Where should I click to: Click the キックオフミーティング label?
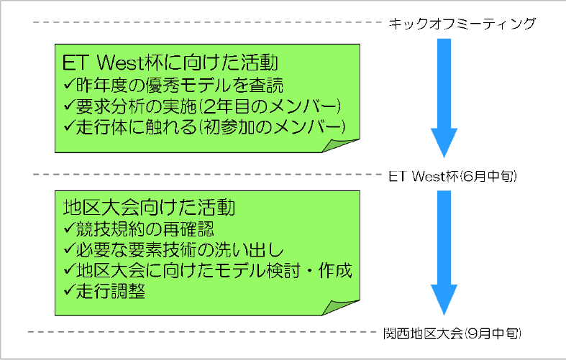462,24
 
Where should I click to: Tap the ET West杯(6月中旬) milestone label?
452,176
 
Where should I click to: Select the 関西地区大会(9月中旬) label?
452,333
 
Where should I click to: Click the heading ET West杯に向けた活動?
170,63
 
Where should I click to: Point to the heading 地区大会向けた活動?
149,208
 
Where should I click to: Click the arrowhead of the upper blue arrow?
444,142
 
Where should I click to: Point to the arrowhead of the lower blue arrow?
444,300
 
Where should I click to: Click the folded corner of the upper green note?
340,145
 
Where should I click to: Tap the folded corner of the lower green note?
340,308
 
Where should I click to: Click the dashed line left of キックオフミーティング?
207,22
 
